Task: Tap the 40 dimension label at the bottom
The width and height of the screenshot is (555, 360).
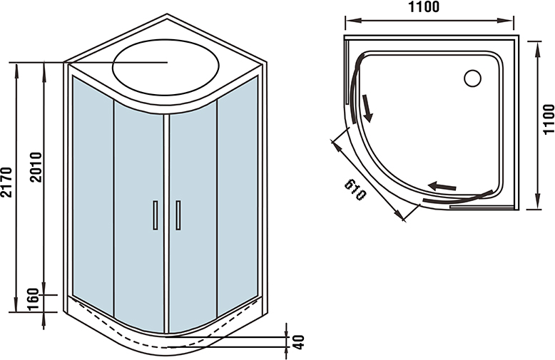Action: point(298,341)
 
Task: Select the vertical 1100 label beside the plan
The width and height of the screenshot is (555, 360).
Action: point(547,120)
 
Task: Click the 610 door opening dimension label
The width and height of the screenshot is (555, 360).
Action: point(355,190)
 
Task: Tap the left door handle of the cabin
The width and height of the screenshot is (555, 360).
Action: point(155,215)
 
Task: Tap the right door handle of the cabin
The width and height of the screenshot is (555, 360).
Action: point(178,215)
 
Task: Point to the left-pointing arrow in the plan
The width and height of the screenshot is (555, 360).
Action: point(442,186)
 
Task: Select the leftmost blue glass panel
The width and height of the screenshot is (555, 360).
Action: point(91,192)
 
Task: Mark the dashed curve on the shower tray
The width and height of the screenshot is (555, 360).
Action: point(164,341)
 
